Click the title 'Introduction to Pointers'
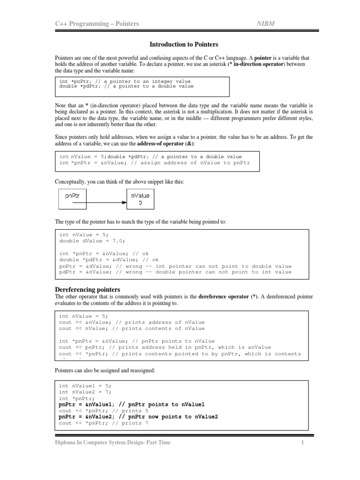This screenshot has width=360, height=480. [x=184, y=45]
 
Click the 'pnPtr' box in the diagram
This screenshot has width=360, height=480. [x=73, y=199]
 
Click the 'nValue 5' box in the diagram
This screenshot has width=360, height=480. [x=141, y=199]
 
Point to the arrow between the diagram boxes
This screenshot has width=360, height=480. [x=107, y=203]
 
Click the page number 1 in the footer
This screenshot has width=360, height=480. [x=303, y=443]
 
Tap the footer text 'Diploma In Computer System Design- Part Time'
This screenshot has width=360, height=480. [x=112, y=443]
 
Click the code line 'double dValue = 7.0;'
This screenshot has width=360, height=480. [x=86, y=240]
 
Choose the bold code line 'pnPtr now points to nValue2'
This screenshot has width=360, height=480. [x=138, y=417]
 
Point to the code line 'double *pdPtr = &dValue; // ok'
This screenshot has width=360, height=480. [x=109, y=260]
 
